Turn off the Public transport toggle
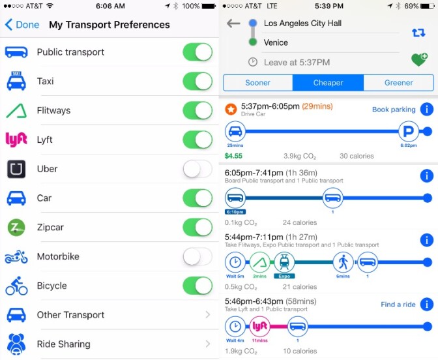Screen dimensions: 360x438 coord(197,52)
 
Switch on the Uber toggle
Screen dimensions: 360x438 coord(197,169)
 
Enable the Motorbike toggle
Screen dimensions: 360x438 coord(197,256)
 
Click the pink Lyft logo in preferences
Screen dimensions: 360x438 coord(16,140)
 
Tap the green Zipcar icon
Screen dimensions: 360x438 coord(16,228)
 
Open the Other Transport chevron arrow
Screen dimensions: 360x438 coord(207,315)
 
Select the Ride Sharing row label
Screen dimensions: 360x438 coord(63,344)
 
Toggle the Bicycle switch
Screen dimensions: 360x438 coord(197,286)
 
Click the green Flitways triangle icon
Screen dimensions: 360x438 coord(16,111)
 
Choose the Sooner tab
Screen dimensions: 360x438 coord(257,83)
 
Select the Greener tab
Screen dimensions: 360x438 coord(398,83)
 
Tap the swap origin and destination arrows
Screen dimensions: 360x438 coord(418,33)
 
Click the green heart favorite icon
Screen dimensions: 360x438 coord(419,60)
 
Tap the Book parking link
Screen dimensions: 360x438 coord(394,110)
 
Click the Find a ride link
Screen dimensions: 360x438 coord(398,305)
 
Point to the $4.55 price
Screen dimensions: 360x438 coord(233,156)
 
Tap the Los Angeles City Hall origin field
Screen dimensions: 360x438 coord(302,23)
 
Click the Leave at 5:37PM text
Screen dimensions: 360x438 coord(297,63)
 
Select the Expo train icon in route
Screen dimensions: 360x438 coord(284,262)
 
